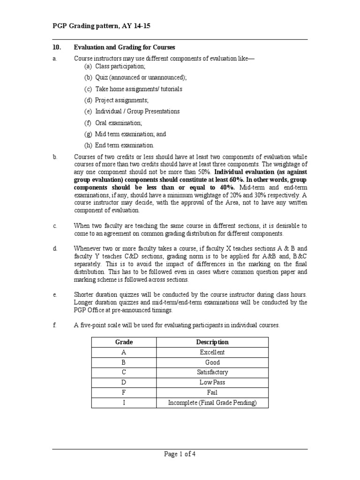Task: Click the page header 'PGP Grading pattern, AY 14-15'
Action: coord(104,26)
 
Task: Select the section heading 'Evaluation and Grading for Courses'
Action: coord(124,47)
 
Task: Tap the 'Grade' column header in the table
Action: coord(124,342)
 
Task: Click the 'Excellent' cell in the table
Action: coord(212,352)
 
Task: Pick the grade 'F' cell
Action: coord(124,392)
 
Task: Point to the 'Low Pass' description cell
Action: coord(212,382)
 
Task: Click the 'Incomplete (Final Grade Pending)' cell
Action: coord(212,403)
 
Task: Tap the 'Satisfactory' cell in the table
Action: coord(212,372)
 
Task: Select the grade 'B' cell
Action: coord(124,362)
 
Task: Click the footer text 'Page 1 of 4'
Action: coord(180,454)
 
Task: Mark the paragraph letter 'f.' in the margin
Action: coord(55,325)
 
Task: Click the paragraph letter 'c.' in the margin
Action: coord(55,226)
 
